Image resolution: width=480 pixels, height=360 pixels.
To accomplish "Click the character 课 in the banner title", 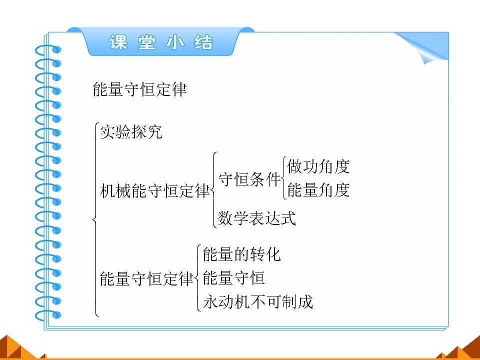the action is [118, 42].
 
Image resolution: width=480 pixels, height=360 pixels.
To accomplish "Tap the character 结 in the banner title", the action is [203, 42].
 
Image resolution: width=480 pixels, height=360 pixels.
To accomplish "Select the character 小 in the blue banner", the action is [175, 42].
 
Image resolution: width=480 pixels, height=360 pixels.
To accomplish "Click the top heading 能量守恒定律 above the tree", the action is [139, 89].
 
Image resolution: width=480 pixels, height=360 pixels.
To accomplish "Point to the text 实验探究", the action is [131, 132].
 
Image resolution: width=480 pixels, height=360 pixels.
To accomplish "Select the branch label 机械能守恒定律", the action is [155, 190].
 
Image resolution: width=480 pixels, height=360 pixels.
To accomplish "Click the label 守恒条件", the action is [249, 179].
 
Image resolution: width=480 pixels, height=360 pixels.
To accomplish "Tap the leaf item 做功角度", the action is [318, 166].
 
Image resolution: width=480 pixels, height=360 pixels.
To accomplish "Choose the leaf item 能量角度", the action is [318, 190].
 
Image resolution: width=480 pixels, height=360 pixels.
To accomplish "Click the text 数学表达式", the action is [256, 218].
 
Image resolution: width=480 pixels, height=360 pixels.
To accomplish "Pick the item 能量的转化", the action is [242, 254].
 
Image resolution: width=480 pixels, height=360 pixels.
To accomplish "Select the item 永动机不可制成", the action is [258, 301].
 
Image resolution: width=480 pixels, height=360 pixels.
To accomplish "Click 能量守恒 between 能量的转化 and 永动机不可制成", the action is [234, 278].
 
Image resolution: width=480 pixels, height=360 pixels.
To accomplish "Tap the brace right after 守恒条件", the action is [283, 178].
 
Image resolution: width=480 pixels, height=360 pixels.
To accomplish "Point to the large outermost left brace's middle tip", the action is [93, 219].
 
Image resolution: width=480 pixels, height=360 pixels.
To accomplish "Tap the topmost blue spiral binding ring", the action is [48, 50].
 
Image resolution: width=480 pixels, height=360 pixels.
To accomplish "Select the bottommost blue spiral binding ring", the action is [48, 315].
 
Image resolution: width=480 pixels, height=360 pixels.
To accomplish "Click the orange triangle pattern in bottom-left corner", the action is [18, 349].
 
